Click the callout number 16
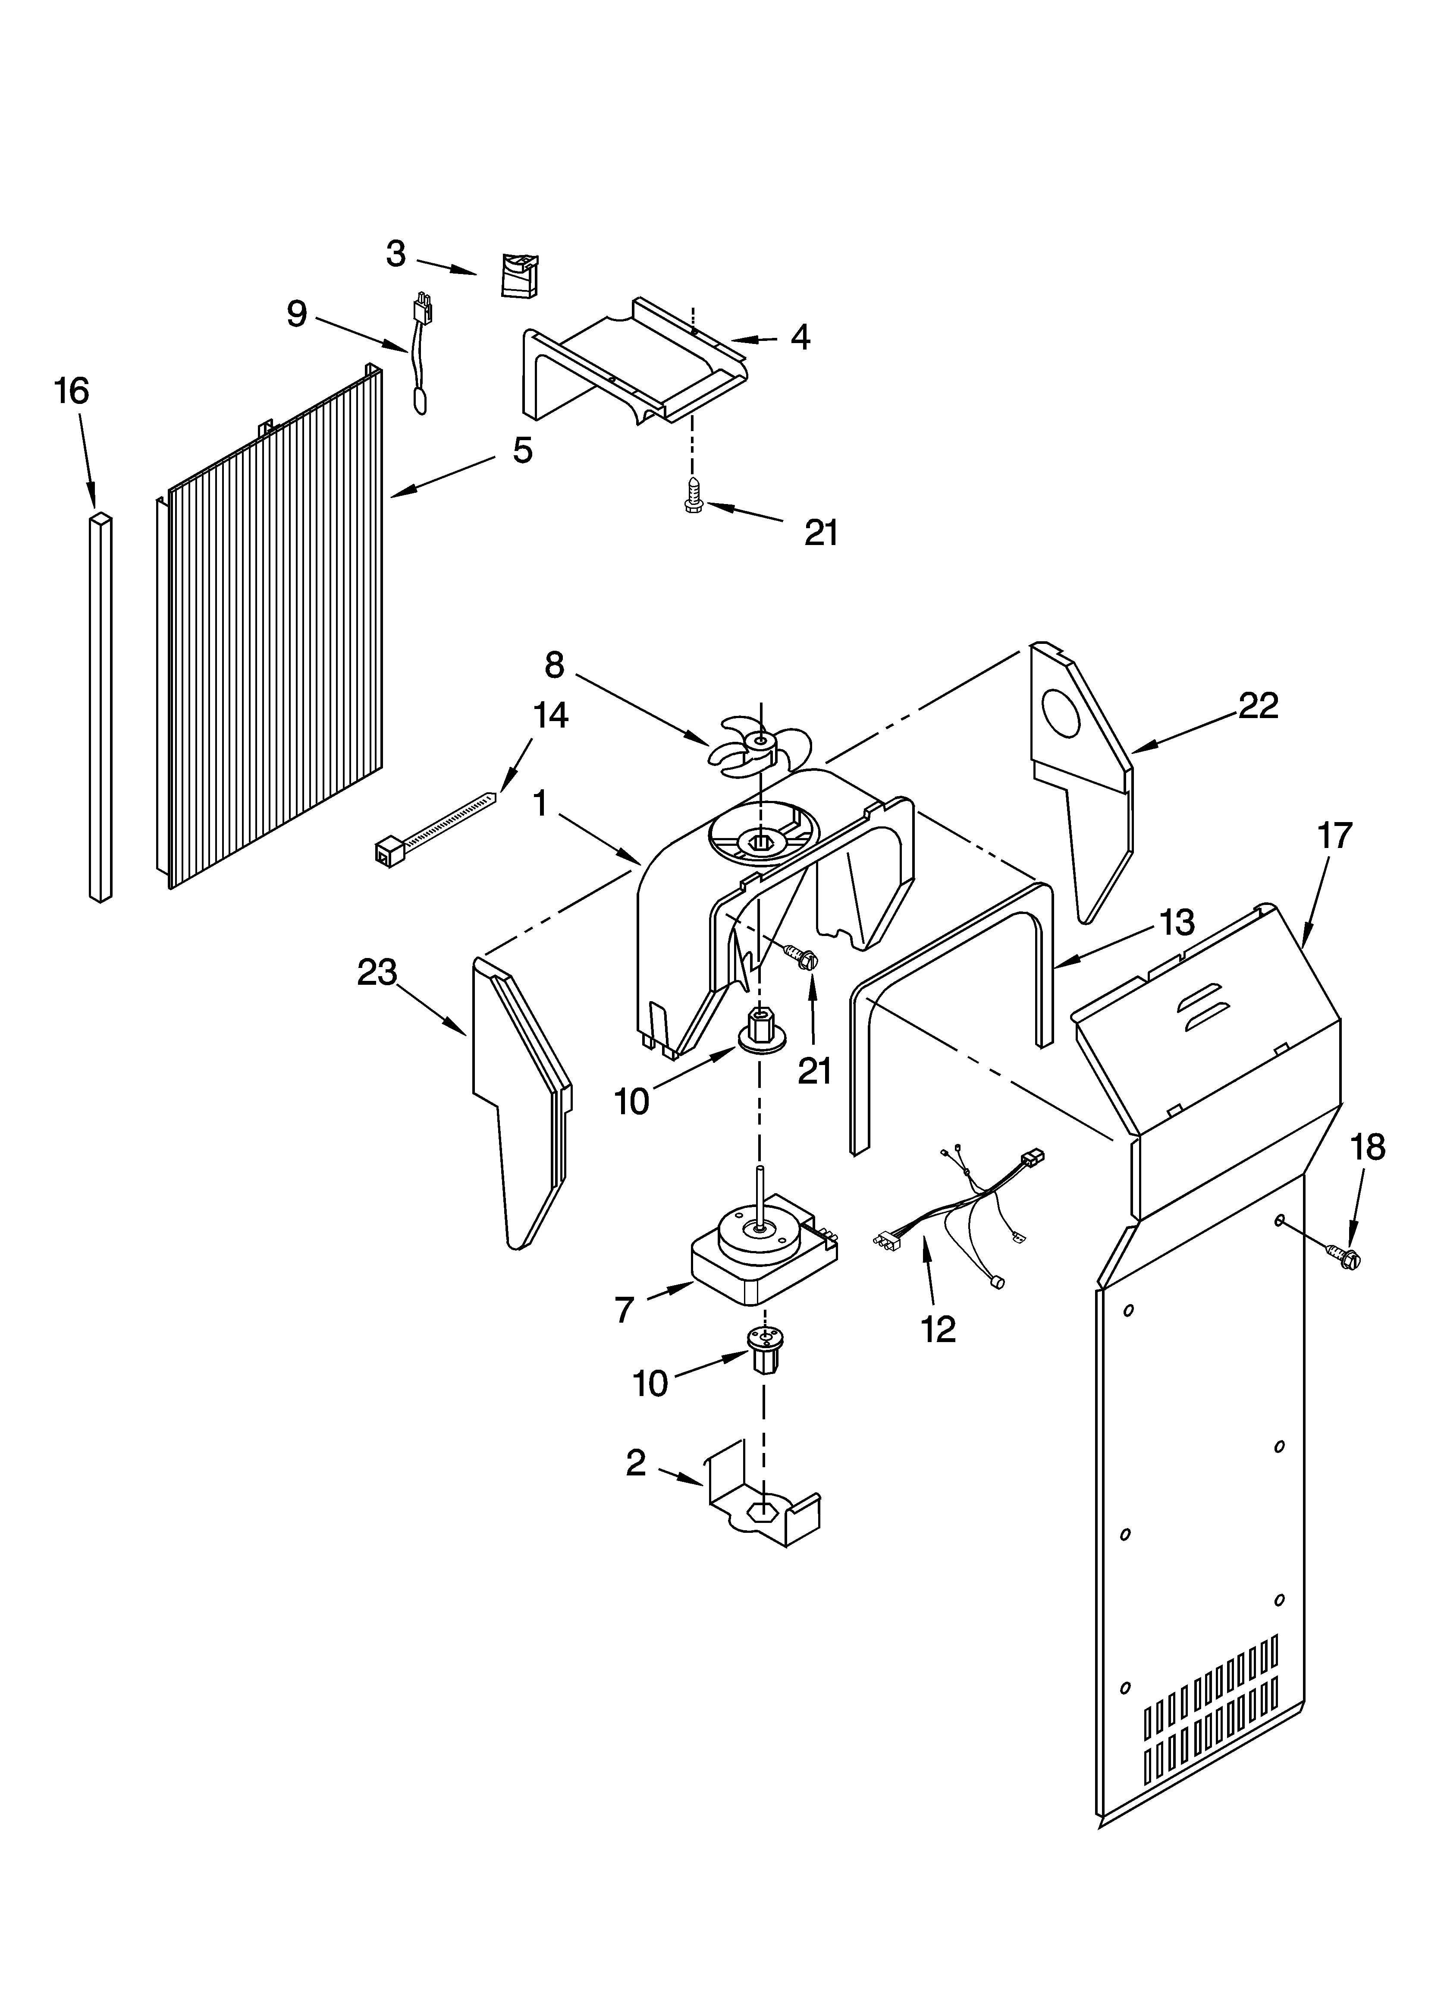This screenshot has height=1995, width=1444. click(72, 391)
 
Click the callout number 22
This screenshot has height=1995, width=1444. click(1258, 706)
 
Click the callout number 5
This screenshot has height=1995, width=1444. click(522, 451)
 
